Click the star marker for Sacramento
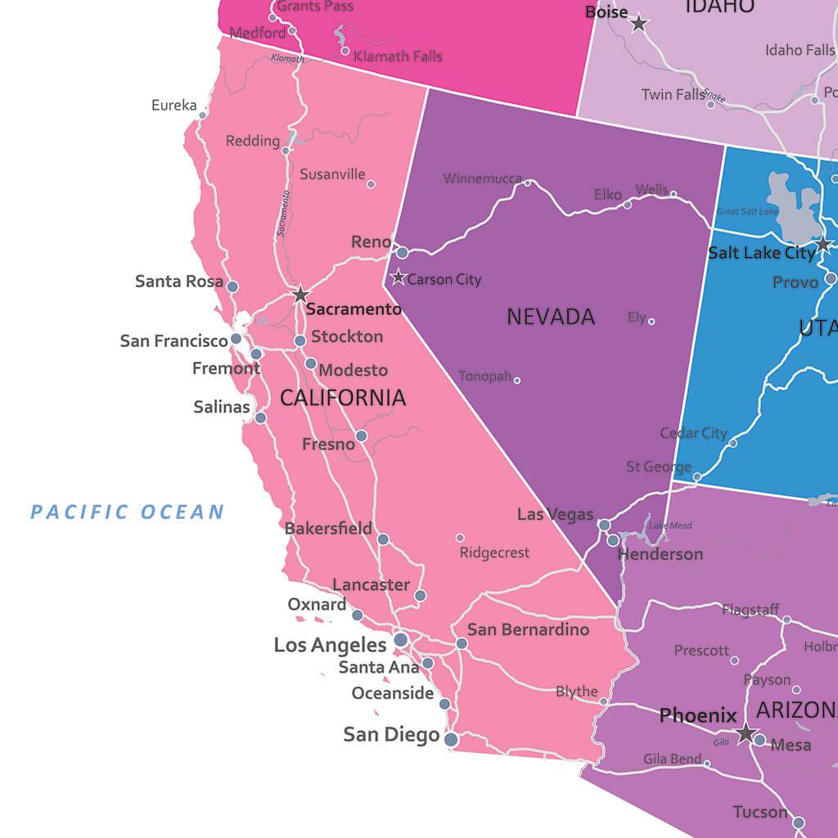(x=300, y=294)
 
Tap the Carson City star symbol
(x=399, y=277)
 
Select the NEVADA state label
(x=551, y=317)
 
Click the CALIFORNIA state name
(x=342, y=399)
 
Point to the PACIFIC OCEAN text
(x=127, y=513)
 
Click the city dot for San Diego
(x=451, y=740)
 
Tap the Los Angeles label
(x=330, y=645)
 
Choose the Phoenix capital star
(x=745, y=732)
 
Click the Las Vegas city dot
(x=604, y=525)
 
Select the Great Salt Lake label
(x=746, y=212)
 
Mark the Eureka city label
(x=173, y=106)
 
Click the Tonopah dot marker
(x=516, y=380)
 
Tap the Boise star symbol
(x=638, y=24)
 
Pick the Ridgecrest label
(x=494, y=553)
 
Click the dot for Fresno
(x=361, y=435)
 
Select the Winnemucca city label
(x=482, y=178)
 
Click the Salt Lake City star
(x=823, y=245)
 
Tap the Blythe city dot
(x=603, y=701)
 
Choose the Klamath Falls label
(x=398, y=56)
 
